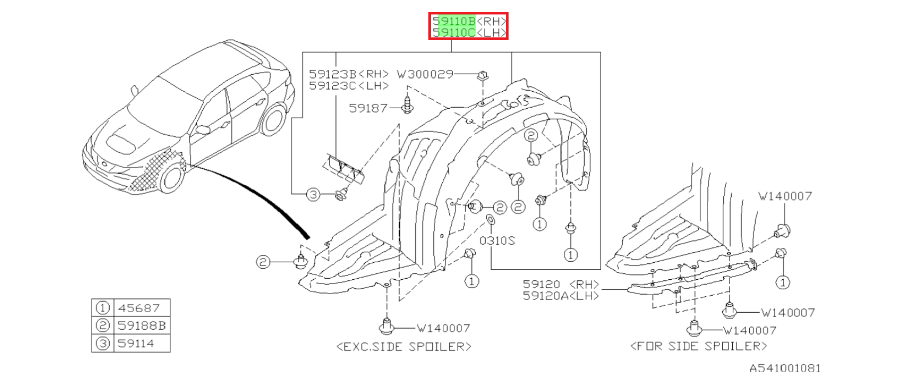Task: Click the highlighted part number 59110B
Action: click(454, 21)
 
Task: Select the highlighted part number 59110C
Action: click(454, 32)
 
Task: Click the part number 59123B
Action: click(333, 74)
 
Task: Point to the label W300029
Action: click(425, 74)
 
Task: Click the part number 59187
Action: click(368, 108)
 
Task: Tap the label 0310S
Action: click(497, 241)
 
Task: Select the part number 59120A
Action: click(545, 296)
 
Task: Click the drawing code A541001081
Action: click(785, 368)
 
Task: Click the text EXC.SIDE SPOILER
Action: click(404, 346)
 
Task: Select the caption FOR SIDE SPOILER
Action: click(699, 346)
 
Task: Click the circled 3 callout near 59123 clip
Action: click(313, 194)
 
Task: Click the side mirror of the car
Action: click(203, 130)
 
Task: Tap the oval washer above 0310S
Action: click(490, 221)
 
